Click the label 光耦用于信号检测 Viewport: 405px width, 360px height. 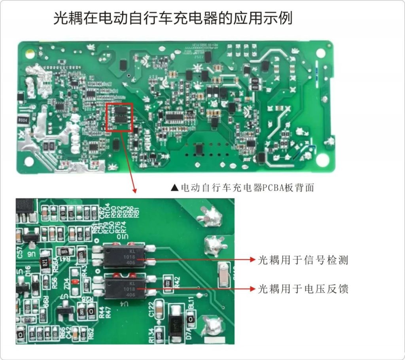(303, 260)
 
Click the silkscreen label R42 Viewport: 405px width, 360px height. (177, 281)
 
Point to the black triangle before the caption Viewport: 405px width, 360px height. (174, 188)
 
